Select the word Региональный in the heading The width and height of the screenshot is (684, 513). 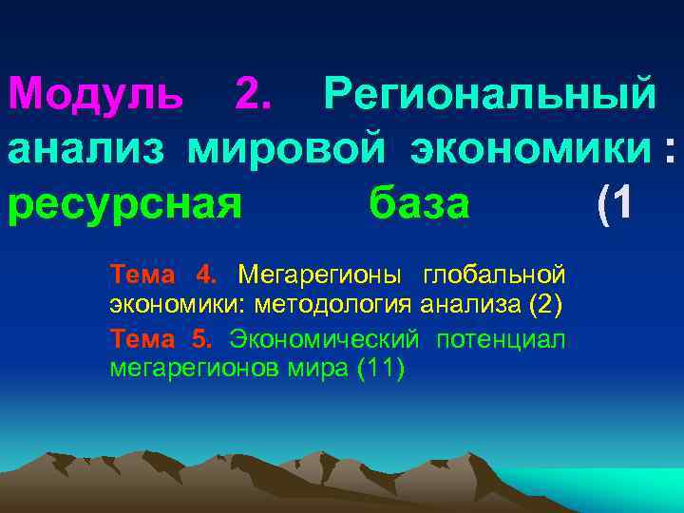489,93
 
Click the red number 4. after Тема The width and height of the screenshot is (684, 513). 206,275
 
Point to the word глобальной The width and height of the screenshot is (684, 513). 495,275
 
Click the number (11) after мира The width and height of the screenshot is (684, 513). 379,368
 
